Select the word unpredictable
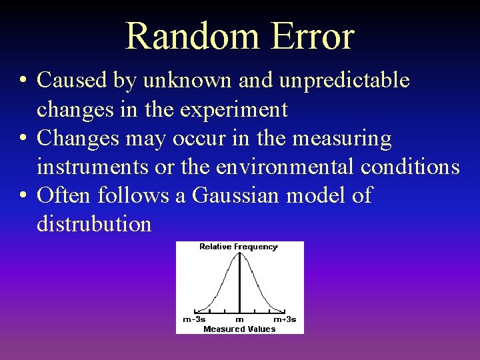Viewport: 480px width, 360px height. click(x=345, y=81)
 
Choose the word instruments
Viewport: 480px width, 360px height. click(x=93, y=167)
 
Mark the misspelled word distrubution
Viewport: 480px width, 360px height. click(x=94, y=224)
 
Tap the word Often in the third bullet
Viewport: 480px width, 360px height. click(x=65, y=196)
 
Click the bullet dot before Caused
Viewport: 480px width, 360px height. click(x=23, y=81)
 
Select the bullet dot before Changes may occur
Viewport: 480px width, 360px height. click(x=23, y=139)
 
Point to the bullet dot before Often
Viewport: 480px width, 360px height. click(x=23, y=197)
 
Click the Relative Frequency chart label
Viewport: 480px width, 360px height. click(x=238, y=247)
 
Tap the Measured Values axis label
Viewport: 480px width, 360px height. click(x=239, y=329)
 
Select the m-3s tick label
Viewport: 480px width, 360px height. click(x=194, y=319)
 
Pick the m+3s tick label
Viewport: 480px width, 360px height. click(x=285, y=319)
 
